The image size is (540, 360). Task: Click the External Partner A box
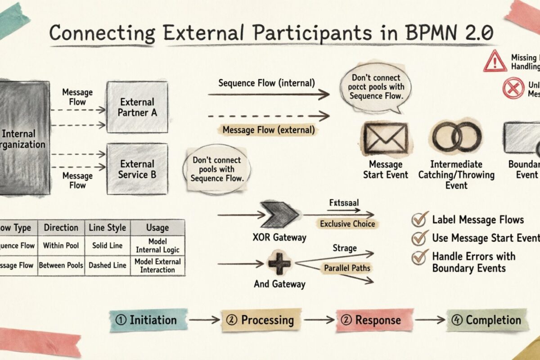(137, 107)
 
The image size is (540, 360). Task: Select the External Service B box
(137, 169)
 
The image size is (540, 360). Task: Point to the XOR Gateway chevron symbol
(278, 215)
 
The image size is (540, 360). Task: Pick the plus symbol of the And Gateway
(279, 263)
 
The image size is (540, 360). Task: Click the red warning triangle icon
(495, 62)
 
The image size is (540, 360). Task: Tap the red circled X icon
(513, 88)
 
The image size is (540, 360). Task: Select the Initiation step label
(148, 320)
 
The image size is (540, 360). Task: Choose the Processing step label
(261, 320)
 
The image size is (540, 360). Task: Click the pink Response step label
(374, 320)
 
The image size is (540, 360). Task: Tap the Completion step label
(488, 320)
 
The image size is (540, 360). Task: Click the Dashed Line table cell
(108, 265)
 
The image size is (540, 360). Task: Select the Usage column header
(157, 228)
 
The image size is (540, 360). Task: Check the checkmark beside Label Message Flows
(420, 220)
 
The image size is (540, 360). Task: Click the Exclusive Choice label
(347, 224)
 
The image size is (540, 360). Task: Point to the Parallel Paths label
(347, 268)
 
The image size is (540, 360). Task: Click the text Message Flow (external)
(269, 130)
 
